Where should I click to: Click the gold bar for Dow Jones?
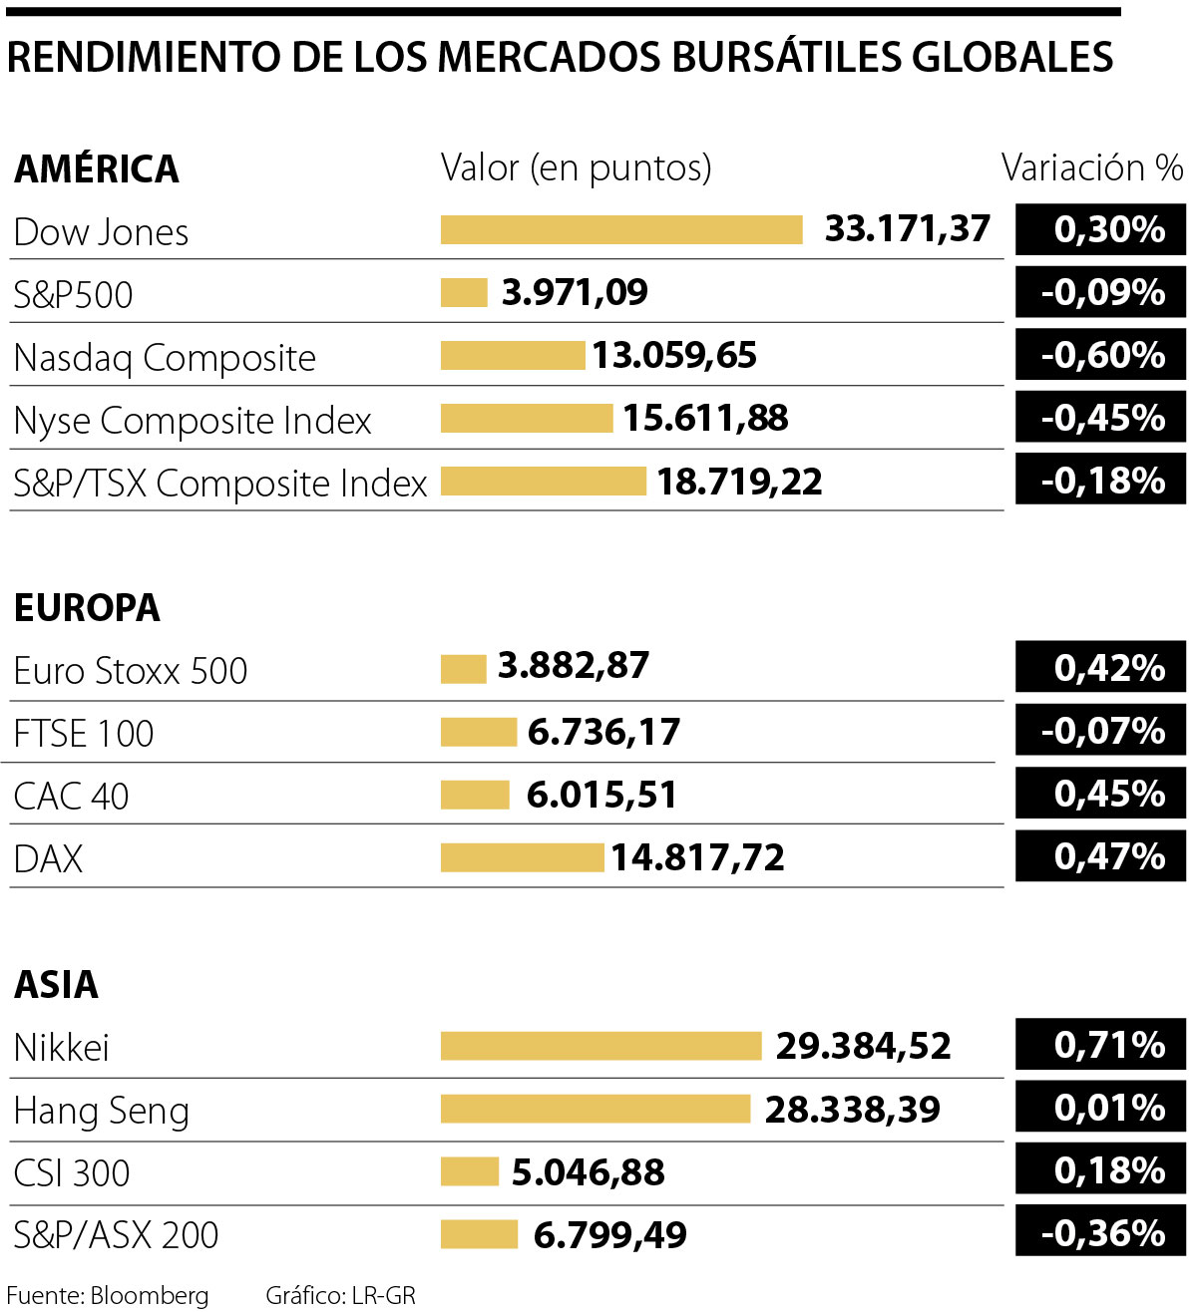point(621,230)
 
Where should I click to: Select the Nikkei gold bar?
point(600,1046)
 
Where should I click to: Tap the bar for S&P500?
point(464,293)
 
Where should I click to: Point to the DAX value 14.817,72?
point(697,857)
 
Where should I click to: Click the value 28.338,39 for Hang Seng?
point(852,1109)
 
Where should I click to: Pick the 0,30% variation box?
point(1100,230)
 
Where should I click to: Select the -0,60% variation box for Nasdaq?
point(1100,356)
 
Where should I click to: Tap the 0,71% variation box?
point(1100,1045)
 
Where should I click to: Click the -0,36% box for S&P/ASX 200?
point(1100,1233)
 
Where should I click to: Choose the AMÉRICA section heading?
point(97,169)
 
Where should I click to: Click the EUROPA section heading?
point(87,608)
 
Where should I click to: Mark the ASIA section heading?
point(57,985)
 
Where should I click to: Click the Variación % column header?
point(1092,168)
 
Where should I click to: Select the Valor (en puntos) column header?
point(577,168)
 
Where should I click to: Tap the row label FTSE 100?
point(84,734)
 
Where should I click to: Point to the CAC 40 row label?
point(72,797)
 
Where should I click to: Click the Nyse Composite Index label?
point(193,421)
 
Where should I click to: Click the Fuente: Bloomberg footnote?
point(108,1295)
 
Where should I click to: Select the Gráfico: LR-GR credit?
point(340,1295)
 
